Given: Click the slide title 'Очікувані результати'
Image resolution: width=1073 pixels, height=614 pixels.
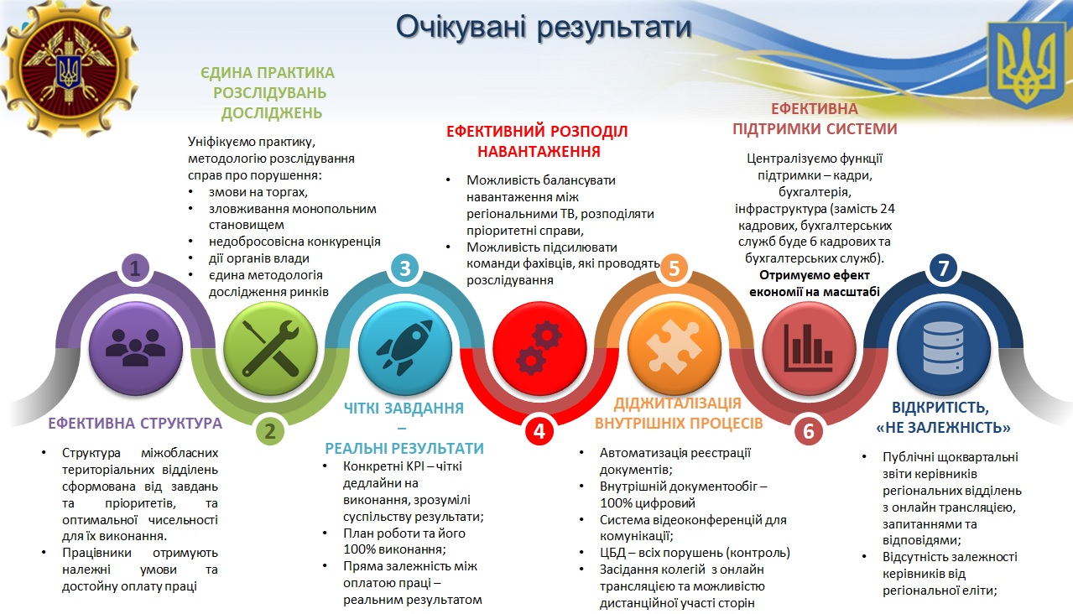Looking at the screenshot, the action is click(x=544, y=28).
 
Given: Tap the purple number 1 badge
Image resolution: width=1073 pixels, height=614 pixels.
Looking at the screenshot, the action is click(x=135, y=268).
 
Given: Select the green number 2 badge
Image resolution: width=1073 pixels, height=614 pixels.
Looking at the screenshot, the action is click(x=269, y=431).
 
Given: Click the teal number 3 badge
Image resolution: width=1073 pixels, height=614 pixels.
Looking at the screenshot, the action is click(x=404, y=268).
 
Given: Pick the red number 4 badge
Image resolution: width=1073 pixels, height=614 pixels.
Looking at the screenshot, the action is click(x=539, y=431).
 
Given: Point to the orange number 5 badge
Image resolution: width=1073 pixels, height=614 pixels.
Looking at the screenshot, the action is click(x=674, y=268).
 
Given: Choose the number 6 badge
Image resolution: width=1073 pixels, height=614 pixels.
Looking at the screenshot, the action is click(x=809, y=431).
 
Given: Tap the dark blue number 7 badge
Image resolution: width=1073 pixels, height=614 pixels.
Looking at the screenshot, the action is click(x=943, y=268).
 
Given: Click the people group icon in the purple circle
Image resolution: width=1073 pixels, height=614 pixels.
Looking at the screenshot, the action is click(x=135, y=348).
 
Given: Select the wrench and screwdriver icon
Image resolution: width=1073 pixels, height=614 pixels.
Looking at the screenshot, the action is click(x=270, y=348).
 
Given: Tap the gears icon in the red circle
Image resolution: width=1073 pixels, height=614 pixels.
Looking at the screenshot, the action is click(x=539, y=348).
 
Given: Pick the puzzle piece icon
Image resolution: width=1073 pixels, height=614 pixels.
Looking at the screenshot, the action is click(x=674, y=347).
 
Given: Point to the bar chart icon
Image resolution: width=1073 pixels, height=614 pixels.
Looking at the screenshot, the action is click(x=808, y=348).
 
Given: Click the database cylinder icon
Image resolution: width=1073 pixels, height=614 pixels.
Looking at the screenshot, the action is click(x=943, y=348).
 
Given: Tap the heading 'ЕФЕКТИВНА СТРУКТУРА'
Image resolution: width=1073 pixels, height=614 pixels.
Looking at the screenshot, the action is click(x=135, y=424).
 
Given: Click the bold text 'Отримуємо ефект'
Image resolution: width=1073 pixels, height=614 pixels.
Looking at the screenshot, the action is click(x=815, y=275).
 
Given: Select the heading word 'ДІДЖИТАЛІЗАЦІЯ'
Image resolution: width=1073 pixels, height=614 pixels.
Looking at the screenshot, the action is click(x=677, y=403).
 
